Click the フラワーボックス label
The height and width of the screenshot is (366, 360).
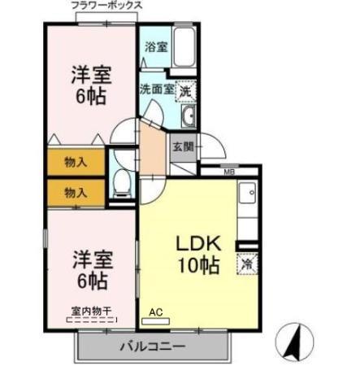pyautogui.click(x=106, y=6)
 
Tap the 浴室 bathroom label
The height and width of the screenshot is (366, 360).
pyautogui.click(x=156, y=47)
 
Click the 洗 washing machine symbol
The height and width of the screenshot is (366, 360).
pyautogui.click(x=186, y=92)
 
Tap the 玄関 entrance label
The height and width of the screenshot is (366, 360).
pyautogui.click(x=181, y=147)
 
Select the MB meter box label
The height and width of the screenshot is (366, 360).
pyautogui.click(x=229, y=172)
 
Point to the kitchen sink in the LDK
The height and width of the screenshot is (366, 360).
pyautogui.click(x=248, y=196)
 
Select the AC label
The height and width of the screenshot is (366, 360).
pyautogui.click(x=156, y=310)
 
